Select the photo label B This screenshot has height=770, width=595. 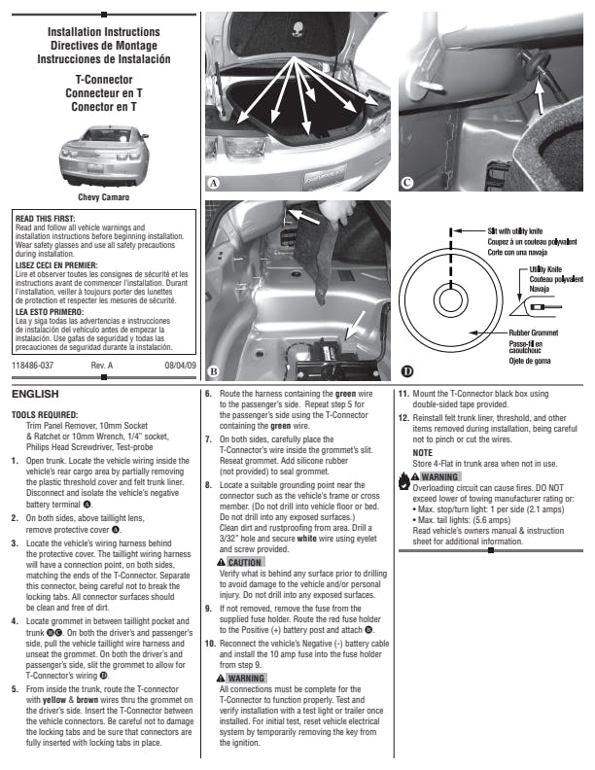(213, 371)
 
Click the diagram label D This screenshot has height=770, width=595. (405, 371)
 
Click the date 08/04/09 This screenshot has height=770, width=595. (180, 365)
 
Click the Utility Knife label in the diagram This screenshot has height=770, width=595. (544, 267)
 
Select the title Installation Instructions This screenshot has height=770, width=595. (103, 32)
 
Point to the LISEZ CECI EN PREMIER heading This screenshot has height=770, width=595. (55, 262)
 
